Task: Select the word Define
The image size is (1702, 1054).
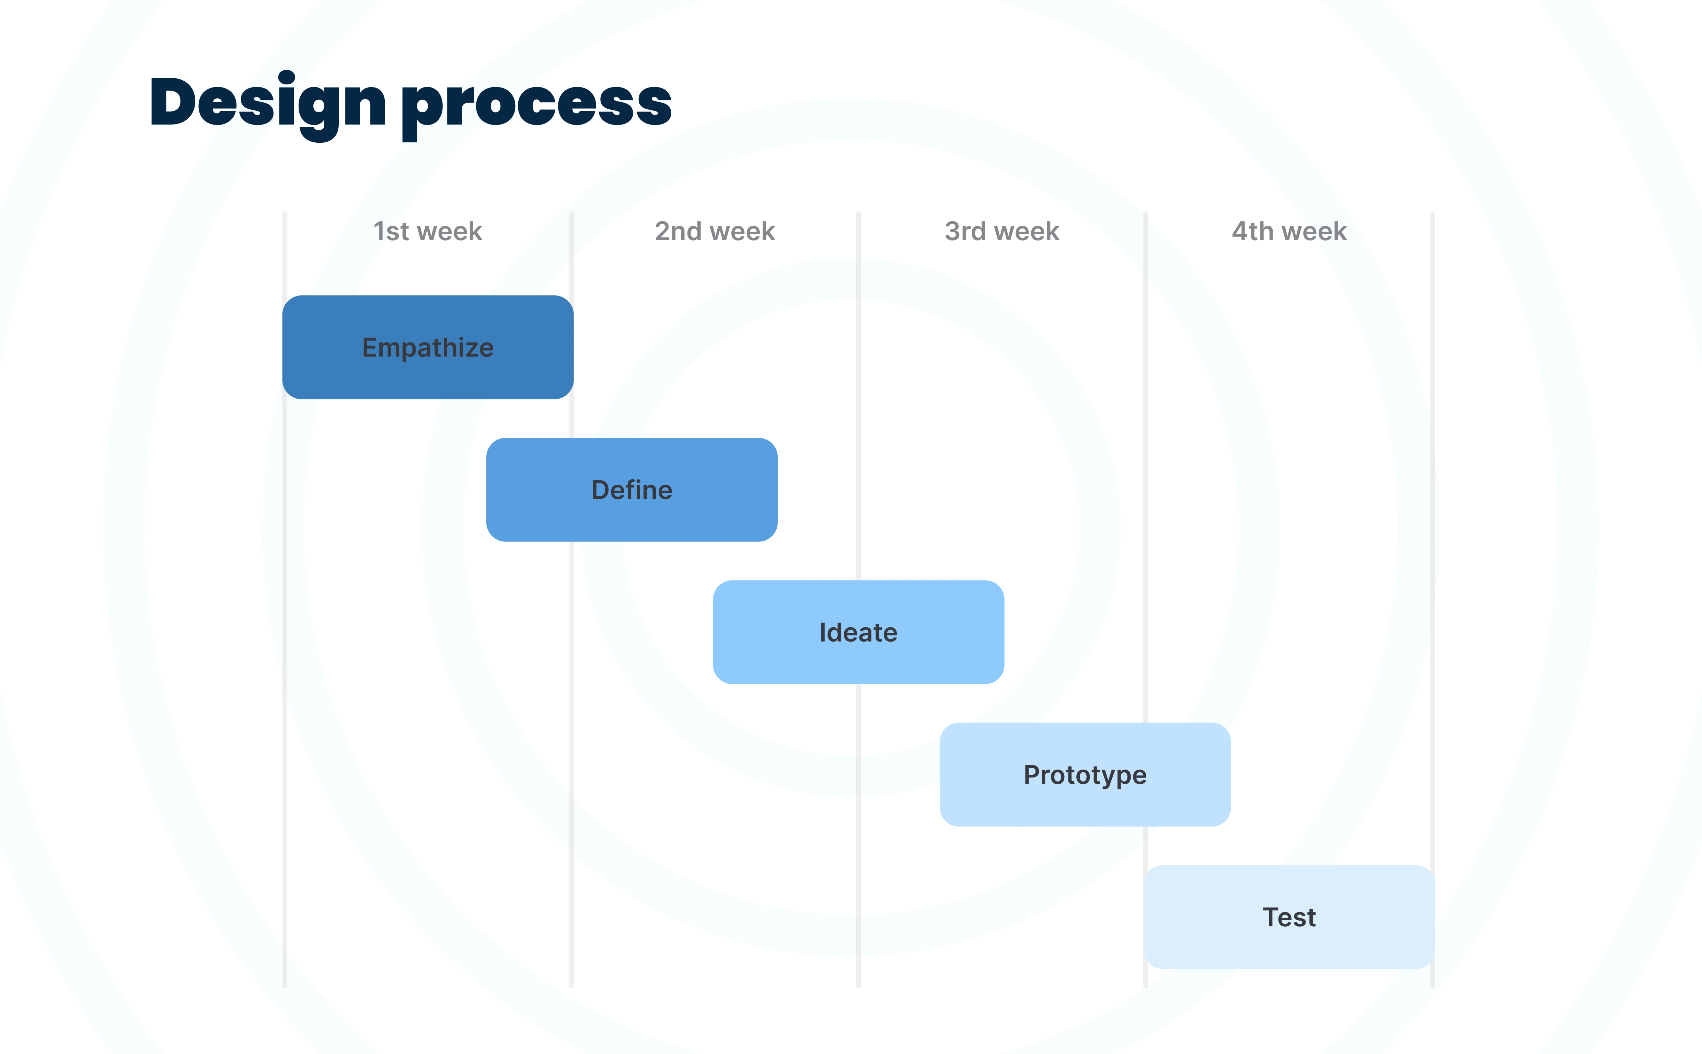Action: tap(632, 490)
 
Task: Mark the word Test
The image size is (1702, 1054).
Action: tap(1289, 917)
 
